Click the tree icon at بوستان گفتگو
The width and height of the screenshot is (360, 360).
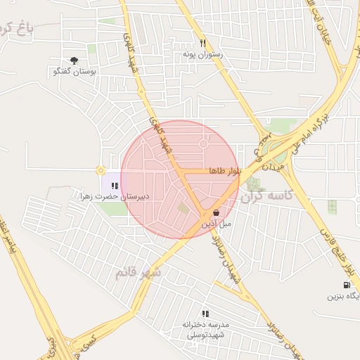click(75, 60)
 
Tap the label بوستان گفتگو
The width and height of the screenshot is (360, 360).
click(74, 72)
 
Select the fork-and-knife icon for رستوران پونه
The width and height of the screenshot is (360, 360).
click(202, 42)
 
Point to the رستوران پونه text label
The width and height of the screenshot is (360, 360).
click(202, 54)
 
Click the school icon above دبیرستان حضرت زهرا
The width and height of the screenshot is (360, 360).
click(115, 186)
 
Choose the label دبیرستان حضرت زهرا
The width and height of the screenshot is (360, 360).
click(115, 198)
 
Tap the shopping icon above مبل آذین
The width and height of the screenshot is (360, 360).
click(215, 212)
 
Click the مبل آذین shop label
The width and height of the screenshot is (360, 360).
click(217, 224)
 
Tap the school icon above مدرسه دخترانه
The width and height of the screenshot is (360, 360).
click(205, 313)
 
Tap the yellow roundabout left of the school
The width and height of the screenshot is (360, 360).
click(101, 170)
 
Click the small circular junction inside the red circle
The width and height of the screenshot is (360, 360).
click(203, 144)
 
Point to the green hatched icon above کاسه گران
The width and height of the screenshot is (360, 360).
click(252, 184)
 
